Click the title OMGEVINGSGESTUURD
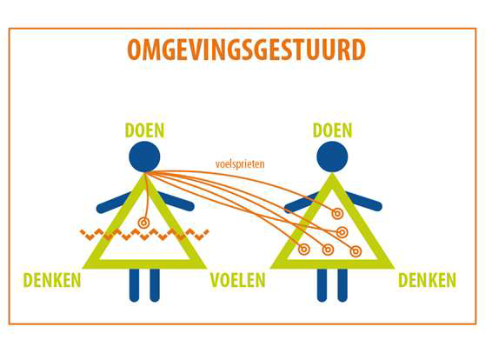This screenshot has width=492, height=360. (x=246, y=50)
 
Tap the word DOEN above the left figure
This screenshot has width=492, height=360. (x=144, y=130)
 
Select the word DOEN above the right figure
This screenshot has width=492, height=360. (x=333, y=130)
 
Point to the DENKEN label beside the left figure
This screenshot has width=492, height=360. (x=52, y=280)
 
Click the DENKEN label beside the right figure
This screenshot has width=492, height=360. (x=427, y=280)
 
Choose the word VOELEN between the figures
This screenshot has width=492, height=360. (x=238, y=280)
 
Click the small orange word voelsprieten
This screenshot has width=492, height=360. (x=240, y=164)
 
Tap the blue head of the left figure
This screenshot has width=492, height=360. (x=144, y=157)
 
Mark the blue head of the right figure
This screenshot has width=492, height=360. (x=332, y=157)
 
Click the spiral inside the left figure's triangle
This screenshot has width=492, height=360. (x=143, y=223)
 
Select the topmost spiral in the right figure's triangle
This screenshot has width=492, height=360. (x=337, y=214)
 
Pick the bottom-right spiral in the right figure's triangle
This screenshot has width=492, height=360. (x=356, y=251)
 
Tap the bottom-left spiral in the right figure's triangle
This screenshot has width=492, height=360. (x=303, y=250)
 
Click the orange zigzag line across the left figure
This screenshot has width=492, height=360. (x=144, y=235)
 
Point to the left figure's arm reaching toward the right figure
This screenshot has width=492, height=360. (x=176, y=202)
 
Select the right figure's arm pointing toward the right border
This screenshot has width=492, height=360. (x=364, y=202)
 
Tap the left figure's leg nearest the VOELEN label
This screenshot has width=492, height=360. (x=155, y=285)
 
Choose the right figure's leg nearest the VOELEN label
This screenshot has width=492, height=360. (x=322, y=285)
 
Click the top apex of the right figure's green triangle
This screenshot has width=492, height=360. (x=332, y=174)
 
